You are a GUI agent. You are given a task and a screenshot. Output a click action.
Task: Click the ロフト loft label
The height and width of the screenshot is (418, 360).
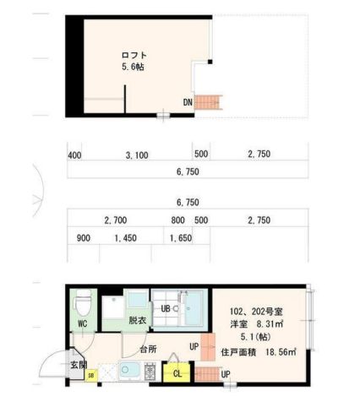click(x=134, y=55)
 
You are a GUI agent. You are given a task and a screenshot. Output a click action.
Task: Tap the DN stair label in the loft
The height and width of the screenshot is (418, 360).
click(x=188, y=102)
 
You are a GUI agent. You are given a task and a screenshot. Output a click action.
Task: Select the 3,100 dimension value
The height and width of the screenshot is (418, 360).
click(x=137, y=155)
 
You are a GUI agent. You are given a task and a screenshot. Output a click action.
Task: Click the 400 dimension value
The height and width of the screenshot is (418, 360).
click(x=74, y=155)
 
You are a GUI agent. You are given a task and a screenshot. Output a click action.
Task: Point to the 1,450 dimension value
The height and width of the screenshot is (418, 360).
click(x=126, y=238)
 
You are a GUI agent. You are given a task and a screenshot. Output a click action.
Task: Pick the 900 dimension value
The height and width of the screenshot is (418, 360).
click(x=84, y=238)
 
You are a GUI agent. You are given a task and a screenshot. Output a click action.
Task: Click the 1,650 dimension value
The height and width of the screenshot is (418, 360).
click(x=181, y=238)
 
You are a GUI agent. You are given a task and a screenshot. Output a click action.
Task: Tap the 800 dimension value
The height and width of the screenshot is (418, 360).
click(x=178, y=220)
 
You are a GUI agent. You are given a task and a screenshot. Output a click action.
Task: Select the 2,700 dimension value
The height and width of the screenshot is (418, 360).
click(x=116, y=220)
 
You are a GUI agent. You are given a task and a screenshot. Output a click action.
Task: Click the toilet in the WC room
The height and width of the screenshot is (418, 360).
click(x=83, y=302)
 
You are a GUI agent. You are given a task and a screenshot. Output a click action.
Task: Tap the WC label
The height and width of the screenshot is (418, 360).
click(x=83, y=323)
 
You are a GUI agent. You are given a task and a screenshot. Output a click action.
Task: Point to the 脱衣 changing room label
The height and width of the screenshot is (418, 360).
click(x=138, y=320)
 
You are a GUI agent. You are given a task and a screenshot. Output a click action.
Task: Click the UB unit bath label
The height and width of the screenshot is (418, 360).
click(x=166, y=309)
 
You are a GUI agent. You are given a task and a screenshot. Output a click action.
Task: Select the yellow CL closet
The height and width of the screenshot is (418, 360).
click(x=177, y=372)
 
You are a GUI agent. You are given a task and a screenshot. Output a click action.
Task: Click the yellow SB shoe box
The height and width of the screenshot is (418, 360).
click(x=91, y=375)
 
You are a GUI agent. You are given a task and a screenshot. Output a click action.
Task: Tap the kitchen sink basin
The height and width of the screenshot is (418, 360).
click(x=130, y=371)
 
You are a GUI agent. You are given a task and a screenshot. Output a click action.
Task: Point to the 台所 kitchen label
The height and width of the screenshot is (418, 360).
click(x=149, y=350)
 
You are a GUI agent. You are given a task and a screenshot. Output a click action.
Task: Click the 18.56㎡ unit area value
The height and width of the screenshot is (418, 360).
click(x=281, y=352)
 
